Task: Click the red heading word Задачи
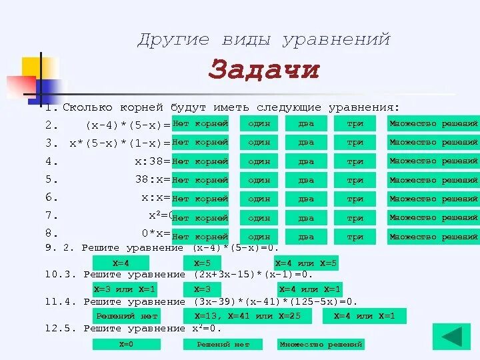click(264, 69)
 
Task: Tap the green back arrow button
click(451, 337)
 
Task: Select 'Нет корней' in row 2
click(200, 124)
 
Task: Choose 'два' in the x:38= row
click(306, 161)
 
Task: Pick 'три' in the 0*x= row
click(355, 237)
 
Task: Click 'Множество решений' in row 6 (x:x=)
click(433, 199)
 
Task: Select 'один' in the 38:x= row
click(259, 180)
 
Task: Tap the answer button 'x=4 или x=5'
click(306, 263)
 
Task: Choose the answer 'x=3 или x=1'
click(125, 289)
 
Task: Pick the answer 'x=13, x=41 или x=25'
click(247, 316)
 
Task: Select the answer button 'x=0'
click(126, 344)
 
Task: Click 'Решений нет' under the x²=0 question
click(223, 344)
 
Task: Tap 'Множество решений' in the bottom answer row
click(321, 344)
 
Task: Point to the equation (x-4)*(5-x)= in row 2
click(127, 125)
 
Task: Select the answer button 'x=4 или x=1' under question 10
click(309, 289)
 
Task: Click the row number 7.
click(49, 215)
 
